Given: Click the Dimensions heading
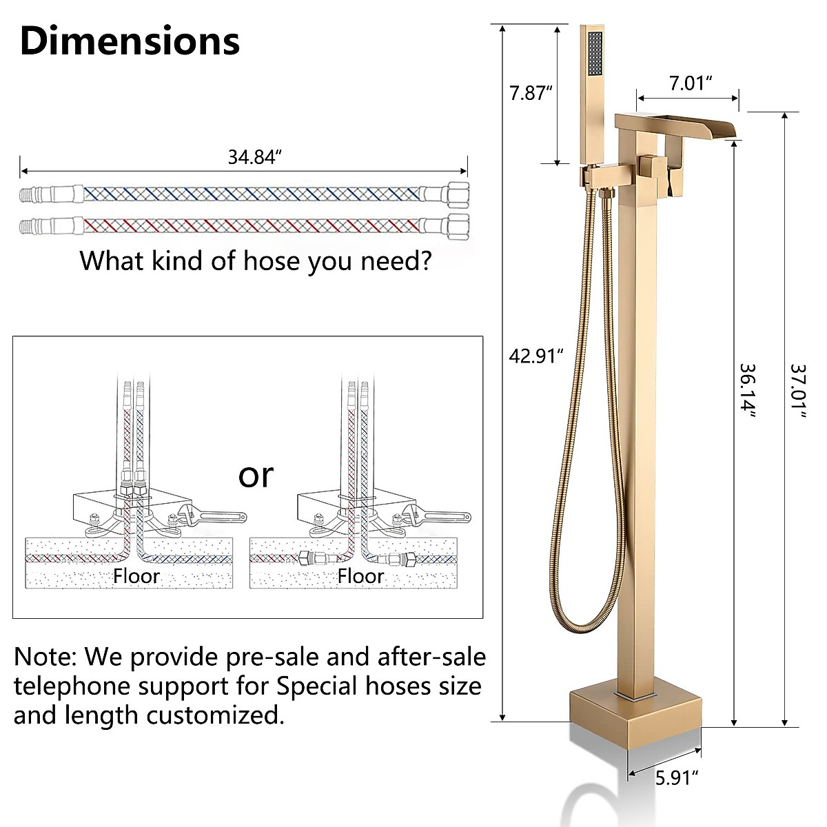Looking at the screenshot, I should pos(130,41).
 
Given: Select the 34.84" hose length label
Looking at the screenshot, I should pos(256,157).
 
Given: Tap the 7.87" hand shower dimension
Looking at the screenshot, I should pos(531,93).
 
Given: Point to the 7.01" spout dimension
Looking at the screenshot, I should pos(690,84).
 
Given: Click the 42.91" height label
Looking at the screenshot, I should pos(536,356).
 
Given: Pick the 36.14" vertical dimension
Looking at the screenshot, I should pos(748,390).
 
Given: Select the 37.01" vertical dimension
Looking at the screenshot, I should pos(798,390).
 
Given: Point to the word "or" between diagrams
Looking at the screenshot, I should pos(256,475).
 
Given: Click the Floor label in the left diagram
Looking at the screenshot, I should pos(136,575).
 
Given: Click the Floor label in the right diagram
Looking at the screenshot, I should pos(360,575).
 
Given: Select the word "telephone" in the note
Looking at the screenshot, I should pos(72,686).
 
